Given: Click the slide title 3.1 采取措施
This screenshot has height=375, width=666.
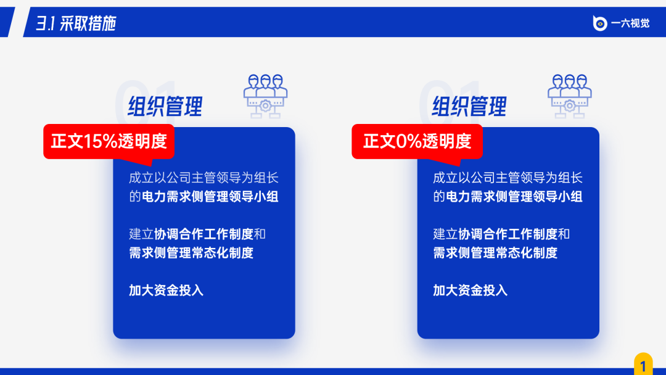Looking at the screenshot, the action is click(x=76, y=23).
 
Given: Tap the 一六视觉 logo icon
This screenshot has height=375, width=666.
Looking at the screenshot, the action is click(x=600, y=23).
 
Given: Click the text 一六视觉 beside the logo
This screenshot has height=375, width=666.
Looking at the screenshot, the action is click(x=630, y=23).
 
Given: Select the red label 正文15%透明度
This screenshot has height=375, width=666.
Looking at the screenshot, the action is click(x=109, y=141).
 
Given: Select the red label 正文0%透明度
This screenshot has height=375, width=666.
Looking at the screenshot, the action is click(x=417, y=141).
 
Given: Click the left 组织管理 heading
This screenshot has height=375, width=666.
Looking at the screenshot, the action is click(x=165, y=106).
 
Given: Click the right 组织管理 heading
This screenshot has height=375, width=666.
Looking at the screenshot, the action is click(x=469, y=106).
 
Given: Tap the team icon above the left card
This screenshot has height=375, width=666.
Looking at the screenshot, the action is click(x=265, y=96).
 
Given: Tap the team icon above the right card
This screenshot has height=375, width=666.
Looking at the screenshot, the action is click(x=570, y=96).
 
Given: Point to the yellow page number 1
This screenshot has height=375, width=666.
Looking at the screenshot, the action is click(x=643, y=366).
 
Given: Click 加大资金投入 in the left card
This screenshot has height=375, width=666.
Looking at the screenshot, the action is click(x=166, y=291).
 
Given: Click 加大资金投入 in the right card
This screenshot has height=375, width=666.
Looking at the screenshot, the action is click(x=470, y=291).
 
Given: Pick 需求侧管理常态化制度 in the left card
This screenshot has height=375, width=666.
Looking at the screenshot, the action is click(x=191, y=253).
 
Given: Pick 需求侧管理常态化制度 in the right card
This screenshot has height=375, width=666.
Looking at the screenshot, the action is click(x=495, y=253).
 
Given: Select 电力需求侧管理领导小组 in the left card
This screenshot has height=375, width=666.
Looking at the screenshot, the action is click(x=210, y=197).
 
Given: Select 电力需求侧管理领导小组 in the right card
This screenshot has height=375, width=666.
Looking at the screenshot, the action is click(x=514, y=197).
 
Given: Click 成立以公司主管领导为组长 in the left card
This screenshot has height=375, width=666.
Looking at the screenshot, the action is click(x=204, y=178).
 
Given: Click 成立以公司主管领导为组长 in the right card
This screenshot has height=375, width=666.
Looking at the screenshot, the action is click(x=508, y=178).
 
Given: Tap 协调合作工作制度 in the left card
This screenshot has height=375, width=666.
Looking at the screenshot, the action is click(x=204, y=234).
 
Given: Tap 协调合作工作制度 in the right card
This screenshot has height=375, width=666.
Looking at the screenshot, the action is click(x=508, y=234).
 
